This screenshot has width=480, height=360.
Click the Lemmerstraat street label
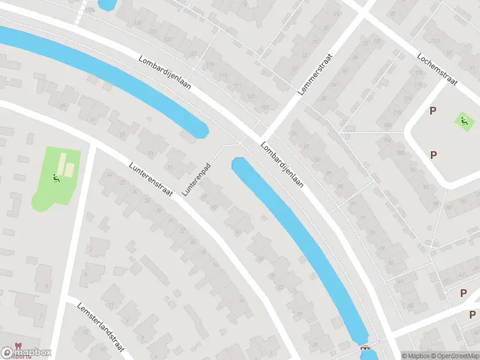pos(315,74)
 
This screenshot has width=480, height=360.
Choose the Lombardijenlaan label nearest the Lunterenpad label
pos(281,165)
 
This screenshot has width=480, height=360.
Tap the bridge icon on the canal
pos(364,348)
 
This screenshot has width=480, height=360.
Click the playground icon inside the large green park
pos(56,178)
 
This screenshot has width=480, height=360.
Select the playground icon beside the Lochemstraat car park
pos(463,120)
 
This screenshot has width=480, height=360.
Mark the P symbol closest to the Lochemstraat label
pos(433,110)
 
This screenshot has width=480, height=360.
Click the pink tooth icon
pos(16,347)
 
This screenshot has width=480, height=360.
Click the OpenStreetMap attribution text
pos(454,356)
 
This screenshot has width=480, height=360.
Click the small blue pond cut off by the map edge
pos(107,5)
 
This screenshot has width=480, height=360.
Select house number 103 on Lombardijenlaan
pos(265,107)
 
